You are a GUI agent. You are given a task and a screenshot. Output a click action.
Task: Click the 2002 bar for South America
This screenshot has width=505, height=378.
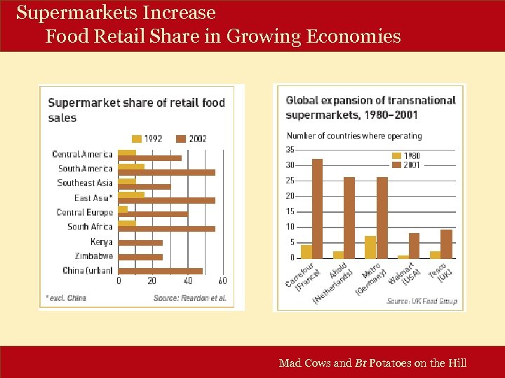(x=167, y=171)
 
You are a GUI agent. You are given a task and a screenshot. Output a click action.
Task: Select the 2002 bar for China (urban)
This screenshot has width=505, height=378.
(x=161, y=271)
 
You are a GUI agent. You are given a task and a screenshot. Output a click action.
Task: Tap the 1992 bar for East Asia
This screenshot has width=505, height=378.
(x=132, y=195)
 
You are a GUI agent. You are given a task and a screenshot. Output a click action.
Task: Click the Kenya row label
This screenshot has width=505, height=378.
(x=101, y=241)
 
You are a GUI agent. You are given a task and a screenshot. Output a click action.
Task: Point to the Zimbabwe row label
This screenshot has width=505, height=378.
(x=93, y=256)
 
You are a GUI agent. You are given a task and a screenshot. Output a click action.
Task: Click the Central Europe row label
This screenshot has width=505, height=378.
(x=84, y=212)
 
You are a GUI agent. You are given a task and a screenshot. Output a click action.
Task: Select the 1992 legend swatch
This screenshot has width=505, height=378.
(x=137, y=139)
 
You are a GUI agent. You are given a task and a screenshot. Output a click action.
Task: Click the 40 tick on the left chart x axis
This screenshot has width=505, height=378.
(x=188, y=281)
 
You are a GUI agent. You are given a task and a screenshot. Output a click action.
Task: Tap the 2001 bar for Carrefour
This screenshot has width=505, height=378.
(x=318, y=208)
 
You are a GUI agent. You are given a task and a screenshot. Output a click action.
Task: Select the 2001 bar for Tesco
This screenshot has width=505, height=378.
(x=446, y=244)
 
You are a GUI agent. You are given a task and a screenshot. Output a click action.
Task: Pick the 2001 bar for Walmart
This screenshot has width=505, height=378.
(x=414, y=245)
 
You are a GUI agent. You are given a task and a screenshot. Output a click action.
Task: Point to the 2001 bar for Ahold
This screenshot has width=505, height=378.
(x=349, y=217)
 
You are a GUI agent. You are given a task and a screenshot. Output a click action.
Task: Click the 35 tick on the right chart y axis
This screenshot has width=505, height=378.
(x=290, y=149)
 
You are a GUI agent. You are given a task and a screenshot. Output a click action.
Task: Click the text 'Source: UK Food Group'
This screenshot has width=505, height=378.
(x=422, y=301)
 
